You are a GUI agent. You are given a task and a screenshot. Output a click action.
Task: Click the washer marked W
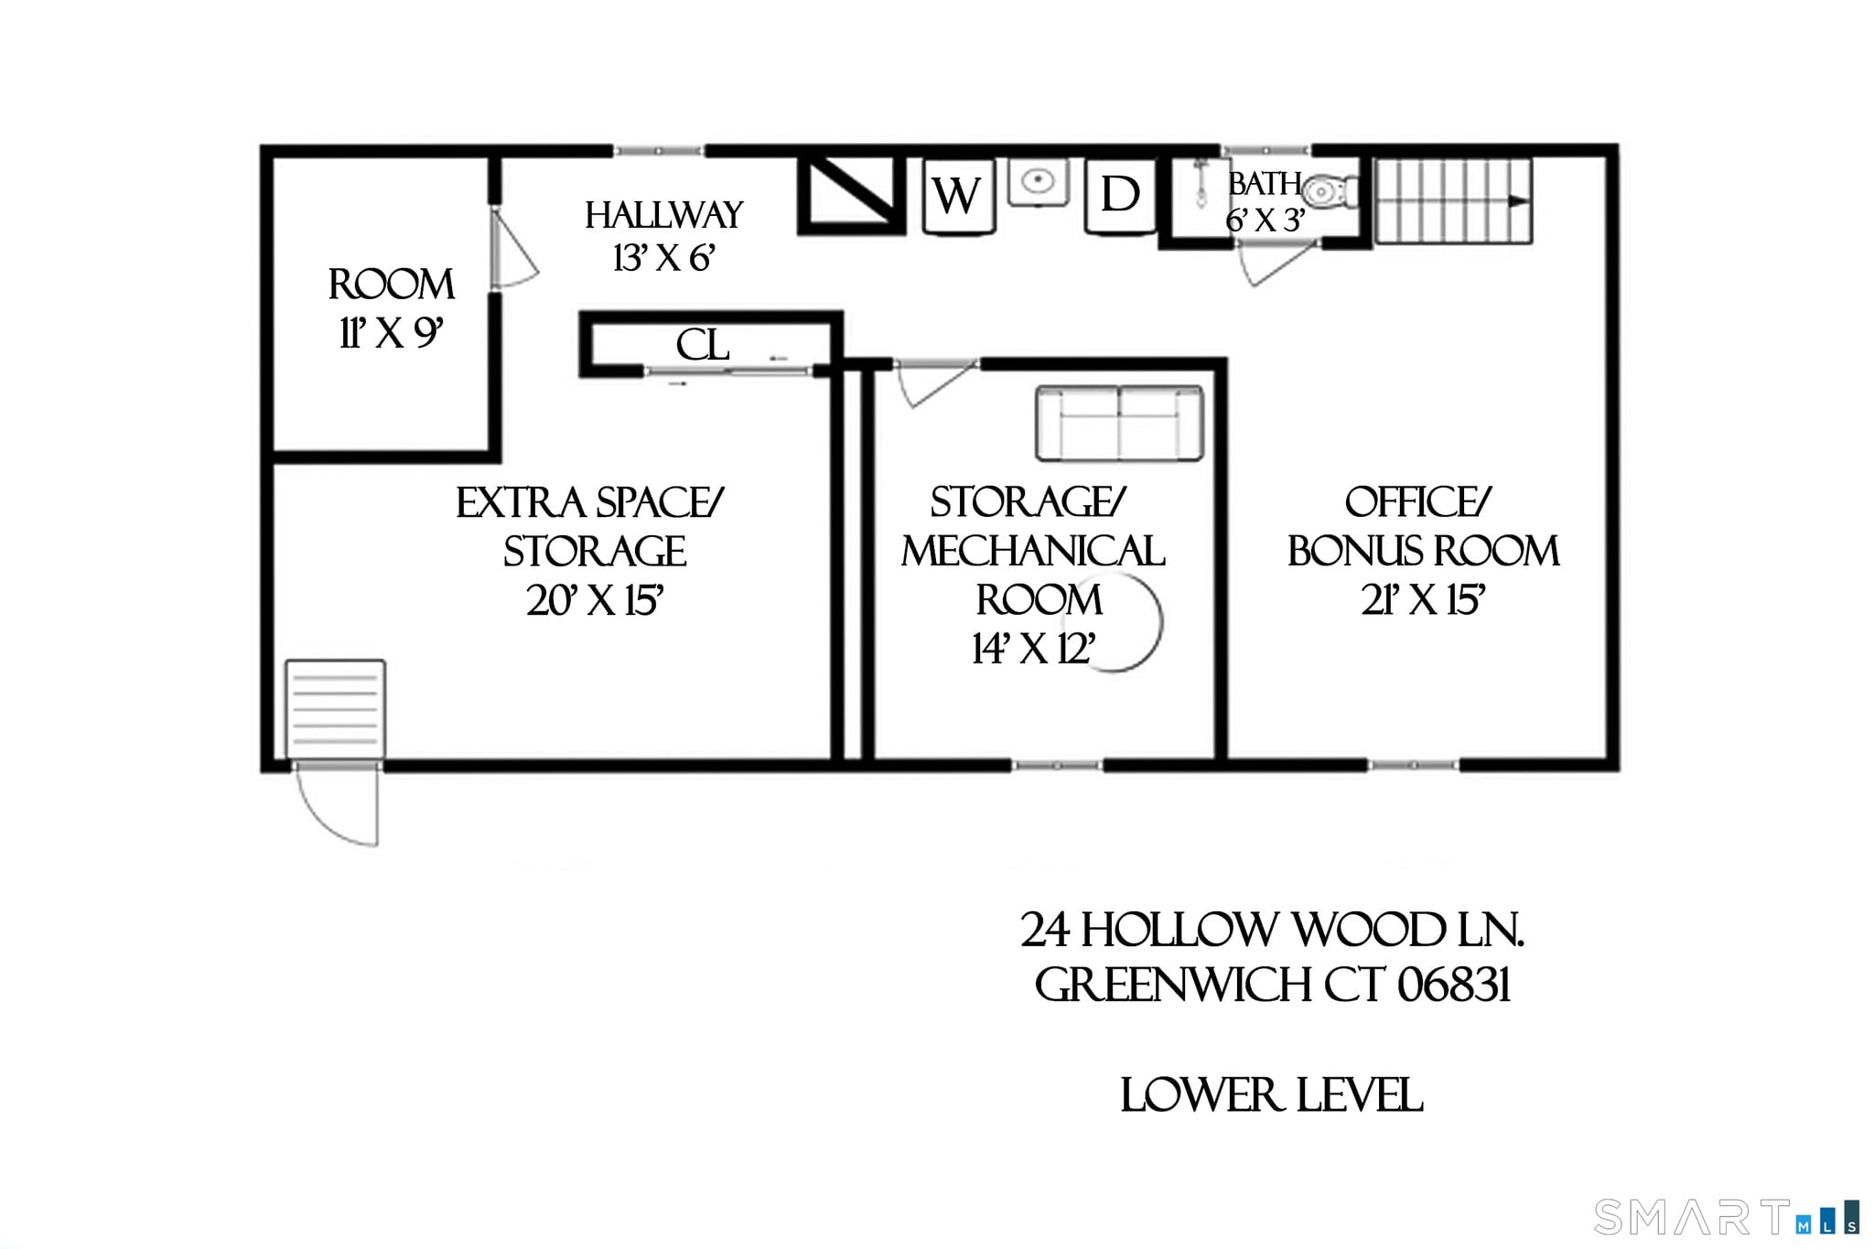coord(957,196)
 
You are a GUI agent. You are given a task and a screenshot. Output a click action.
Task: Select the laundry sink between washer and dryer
coord(1039,182)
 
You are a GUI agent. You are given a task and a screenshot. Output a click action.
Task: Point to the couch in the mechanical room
coord(1119,423)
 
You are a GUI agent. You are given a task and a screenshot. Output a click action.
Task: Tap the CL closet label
coord(703,346)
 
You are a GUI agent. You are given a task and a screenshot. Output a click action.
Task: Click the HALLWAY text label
coord(663,216)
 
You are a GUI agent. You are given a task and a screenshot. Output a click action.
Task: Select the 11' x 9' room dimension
coord(392,334)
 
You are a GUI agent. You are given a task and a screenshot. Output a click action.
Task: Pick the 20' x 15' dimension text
coord(595,601)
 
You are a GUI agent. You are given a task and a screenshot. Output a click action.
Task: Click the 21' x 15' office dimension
coord(1423,601)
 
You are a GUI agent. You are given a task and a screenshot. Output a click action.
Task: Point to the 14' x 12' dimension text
coord(1033,650)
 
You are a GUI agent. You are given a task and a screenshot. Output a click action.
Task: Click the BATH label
coord(1265,185)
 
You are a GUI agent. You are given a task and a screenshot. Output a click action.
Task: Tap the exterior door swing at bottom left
coord(339,805)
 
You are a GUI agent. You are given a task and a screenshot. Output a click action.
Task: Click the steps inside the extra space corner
coord(335,709)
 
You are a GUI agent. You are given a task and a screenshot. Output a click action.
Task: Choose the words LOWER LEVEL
coord(1271,1096)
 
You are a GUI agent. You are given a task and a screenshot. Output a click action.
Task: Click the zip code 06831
coord(1453,986)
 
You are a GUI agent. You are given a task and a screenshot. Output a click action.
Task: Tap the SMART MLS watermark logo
coord(1725,1217)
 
